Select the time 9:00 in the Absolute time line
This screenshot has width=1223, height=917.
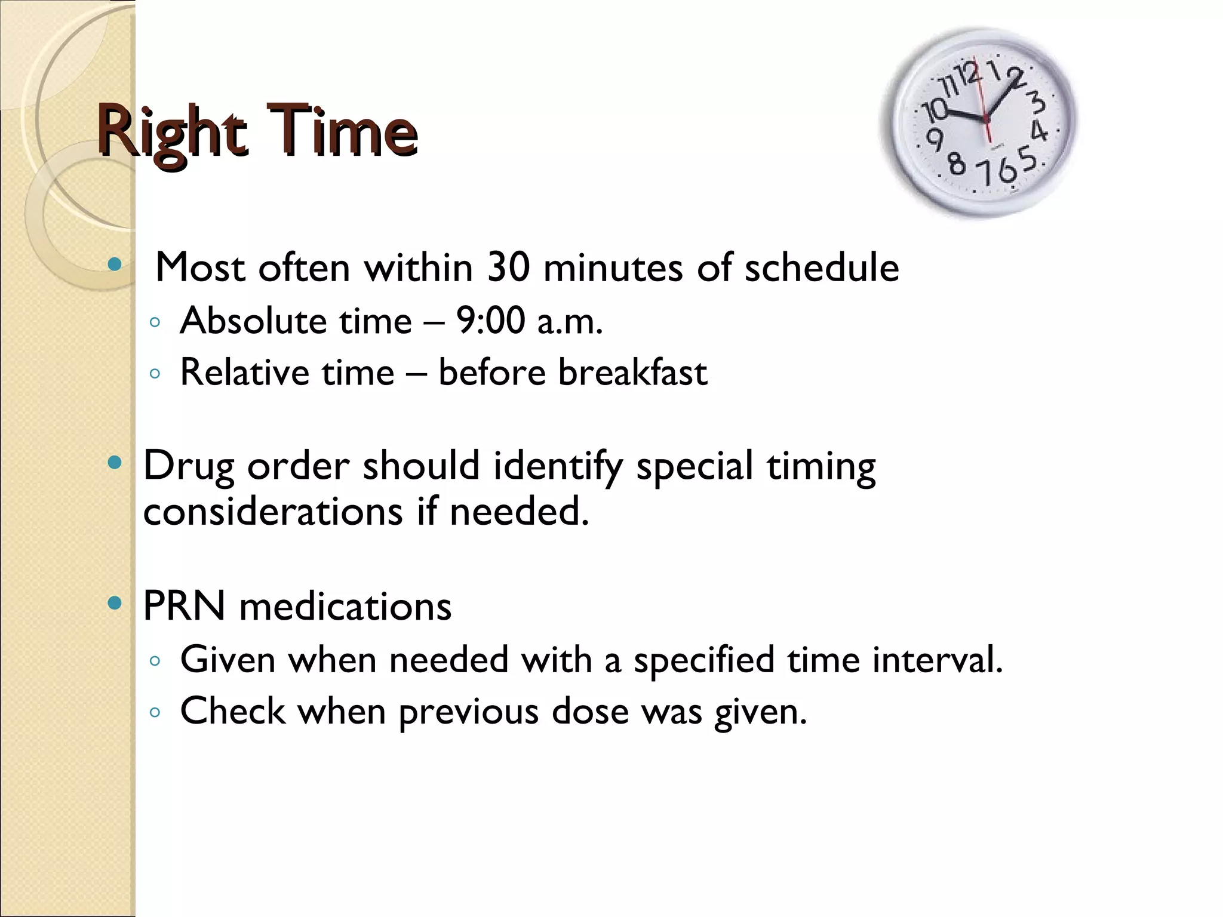490,321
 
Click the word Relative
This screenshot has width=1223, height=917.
244,373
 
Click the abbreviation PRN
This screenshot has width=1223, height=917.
184,607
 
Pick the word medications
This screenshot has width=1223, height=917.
345,607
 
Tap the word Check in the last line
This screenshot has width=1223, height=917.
233,712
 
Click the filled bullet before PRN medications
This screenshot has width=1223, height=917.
115,604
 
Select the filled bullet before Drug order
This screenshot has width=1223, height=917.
115,463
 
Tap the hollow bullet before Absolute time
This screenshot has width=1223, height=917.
155,323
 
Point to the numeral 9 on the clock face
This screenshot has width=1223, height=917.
935,140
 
